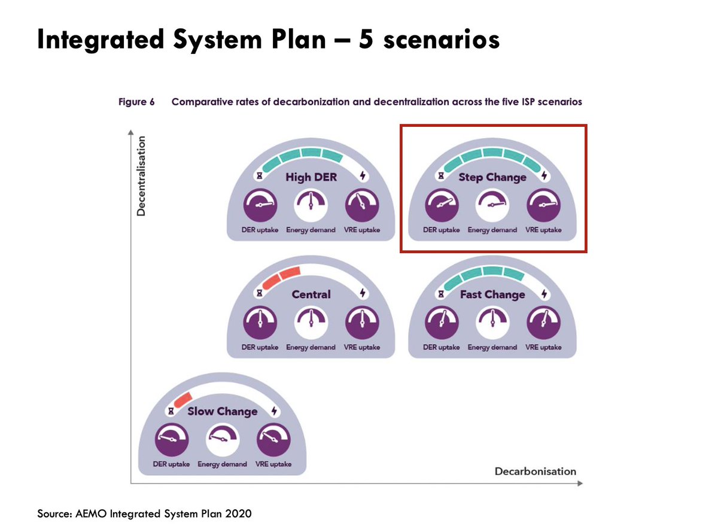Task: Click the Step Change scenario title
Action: [492, 177]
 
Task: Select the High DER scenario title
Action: [311, 177]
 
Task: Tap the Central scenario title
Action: [311, 294]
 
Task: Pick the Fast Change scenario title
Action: [492, 294]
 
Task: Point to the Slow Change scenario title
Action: [222, 411]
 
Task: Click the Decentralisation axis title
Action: [141, 176]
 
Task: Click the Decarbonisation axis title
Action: [535, 471]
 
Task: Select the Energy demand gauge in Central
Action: [311, 323]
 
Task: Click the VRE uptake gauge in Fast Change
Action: [543, 323]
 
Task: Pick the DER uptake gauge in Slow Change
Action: [172, 440]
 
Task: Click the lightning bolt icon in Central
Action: [363, 293]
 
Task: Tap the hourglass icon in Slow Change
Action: [171, 411]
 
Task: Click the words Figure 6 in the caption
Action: [136, 102]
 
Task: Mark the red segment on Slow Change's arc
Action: [180, 398]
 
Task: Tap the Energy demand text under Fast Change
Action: [492, 347]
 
